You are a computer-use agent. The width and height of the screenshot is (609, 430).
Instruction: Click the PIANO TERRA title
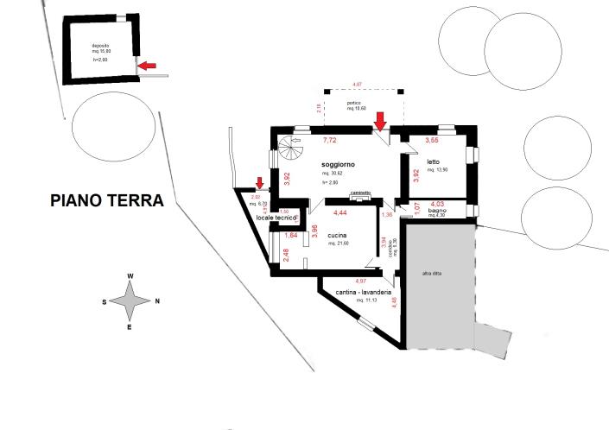(107, 201)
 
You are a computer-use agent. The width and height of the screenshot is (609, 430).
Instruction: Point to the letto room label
(433, 162)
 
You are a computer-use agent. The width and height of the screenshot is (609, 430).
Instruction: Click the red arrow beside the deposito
(149, 65)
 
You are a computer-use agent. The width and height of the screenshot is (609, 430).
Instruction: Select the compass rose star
(130, 301)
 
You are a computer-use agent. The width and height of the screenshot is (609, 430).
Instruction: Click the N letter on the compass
(157, 301)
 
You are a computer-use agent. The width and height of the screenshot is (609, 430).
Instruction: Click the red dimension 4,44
(340, 212)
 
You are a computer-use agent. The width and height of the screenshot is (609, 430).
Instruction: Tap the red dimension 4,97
(360, 281)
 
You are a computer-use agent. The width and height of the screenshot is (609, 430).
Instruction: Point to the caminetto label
(360, 193)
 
